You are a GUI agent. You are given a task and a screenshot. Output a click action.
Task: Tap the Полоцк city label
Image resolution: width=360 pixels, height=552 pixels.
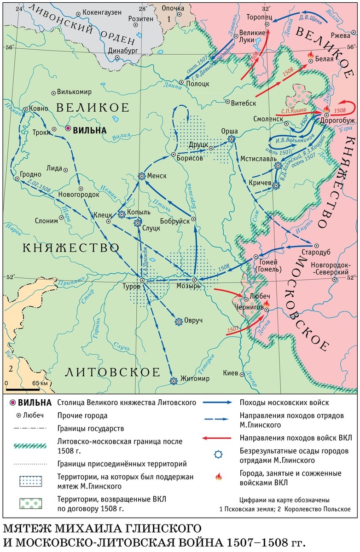click(x=198, y=84)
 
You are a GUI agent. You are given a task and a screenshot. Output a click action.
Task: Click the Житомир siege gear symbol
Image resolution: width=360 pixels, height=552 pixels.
click(x=174, y=380)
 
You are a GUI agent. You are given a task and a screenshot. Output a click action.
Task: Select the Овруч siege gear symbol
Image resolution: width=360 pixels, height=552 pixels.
click(x=178, y=322)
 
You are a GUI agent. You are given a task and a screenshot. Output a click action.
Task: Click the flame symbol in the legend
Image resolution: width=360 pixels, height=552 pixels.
click(x=218, y=477)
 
